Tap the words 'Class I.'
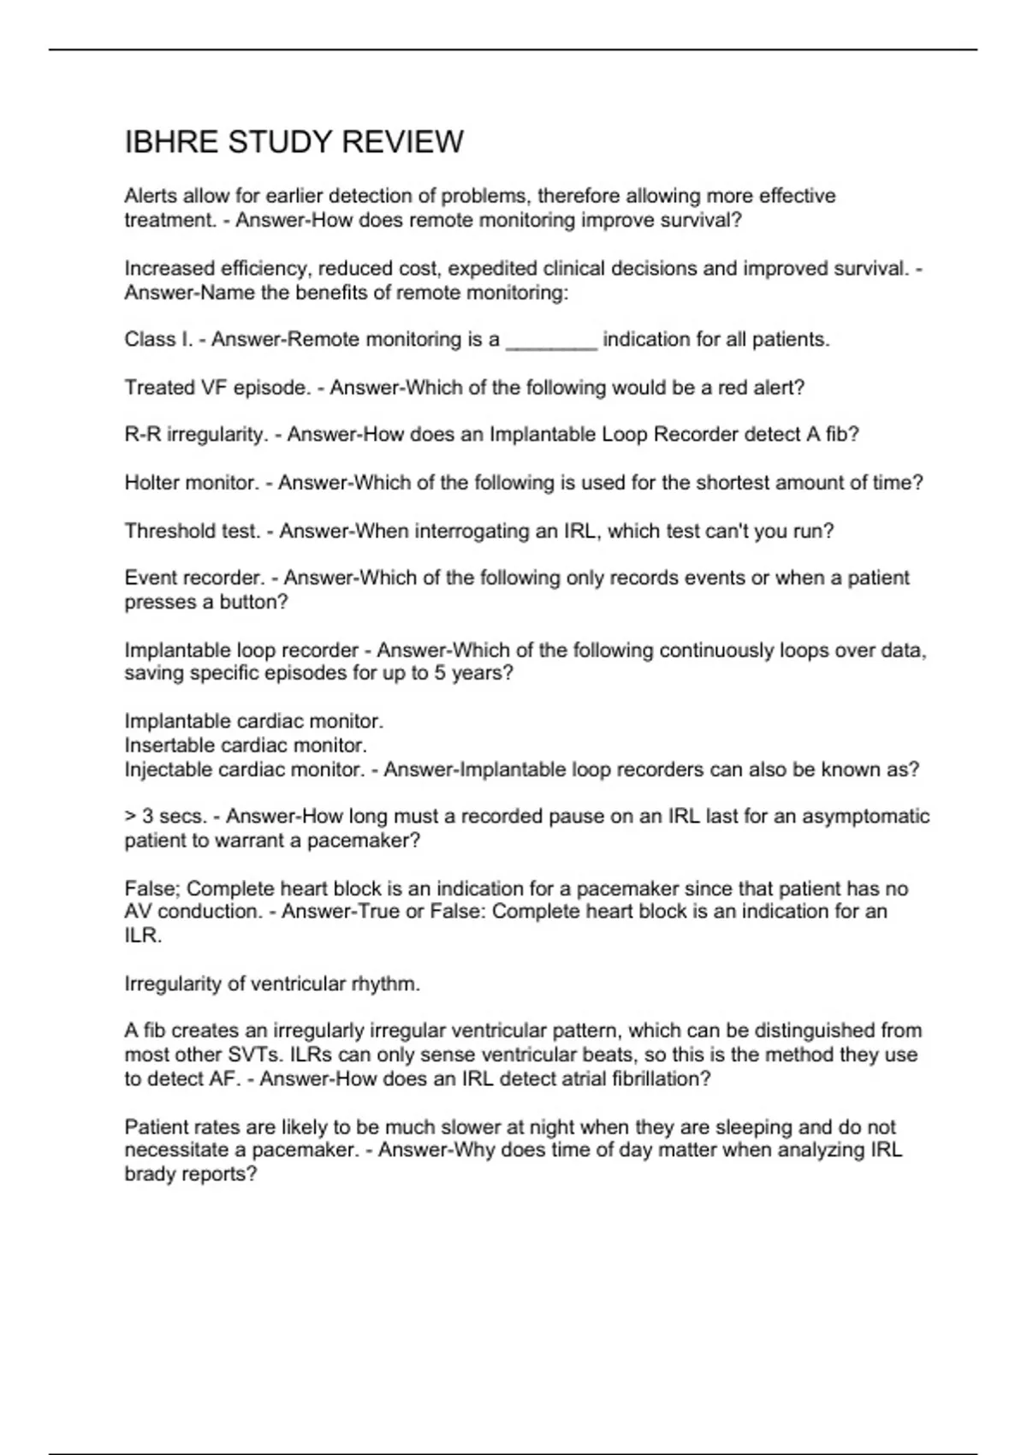158,340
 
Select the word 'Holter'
151,483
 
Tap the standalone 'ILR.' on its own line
143,935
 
